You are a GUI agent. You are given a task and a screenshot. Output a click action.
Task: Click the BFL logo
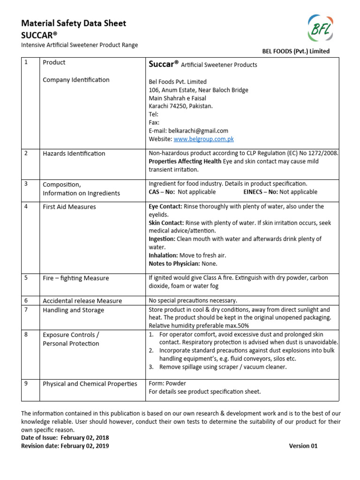click(x=321, y=30)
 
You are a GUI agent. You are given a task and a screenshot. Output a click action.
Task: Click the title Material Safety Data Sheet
click(x=74, y=23)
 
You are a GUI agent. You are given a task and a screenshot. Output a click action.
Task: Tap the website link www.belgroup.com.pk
click(x=203, y=139)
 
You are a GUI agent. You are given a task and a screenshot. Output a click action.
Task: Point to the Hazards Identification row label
click(x=74, y=153)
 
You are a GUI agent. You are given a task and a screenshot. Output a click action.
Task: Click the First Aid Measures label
click(x=69, y=207)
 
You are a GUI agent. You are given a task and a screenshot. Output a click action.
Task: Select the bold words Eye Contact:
click(x=165, y=206)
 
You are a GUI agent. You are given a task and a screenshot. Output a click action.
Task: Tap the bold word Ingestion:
click(x=162, y=239)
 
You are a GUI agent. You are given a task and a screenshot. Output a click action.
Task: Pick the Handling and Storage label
click(x=74, y=310)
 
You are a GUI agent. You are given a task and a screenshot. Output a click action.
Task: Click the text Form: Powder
click(x=167, y=383)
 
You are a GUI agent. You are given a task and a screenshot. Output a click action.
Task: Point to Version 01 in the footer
click(x=303, y=446)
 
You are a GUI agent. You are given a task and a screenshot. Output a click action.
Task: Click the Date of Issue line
click(x=65, y=438)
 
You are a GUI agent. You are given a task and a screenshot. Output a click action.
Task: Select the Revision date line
click(x=65, y=446)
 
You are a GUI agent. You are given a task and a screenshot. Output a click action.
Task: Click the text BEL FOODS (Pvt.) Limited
click(x=295, y=51)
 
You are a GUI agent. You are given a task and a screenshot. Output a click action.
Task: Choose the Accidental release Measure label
click(x=82, y=301)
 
